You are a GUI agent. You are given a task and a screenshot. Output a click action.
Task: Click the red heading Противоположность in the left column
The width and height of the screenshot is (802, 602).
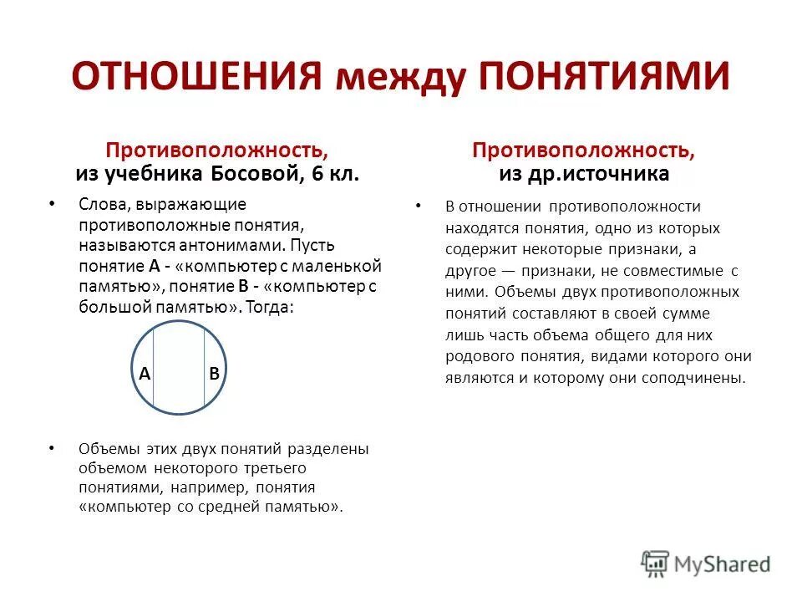coord(216,151)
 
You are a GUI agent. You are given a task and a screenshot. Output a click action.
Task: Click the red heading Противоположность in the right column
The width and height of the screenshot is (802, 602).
coord(583,151)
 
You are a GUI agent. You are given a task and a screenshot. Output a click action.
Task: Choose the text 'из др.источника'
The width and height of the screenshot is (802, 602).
coord(583,174)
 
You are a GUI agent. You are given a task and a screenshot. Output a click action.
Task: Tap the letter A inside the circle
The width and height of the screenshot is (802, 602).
coord(145,375)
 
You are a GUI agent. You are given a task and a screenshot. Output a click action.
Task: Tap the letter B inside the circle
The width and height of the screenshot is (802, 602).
coord(214,375)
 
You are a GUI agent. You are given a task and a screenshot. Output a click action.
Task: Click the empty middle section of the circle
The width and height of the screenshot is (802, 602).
coord(179,368)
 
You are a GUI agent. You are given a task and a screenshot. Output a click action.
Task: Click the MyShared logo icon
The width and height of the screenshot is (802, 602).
coord(655,563)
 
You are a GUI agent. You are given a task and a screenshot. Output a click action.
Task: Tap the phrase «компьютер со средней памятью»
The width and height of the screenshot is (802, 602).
coord(211,508)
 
